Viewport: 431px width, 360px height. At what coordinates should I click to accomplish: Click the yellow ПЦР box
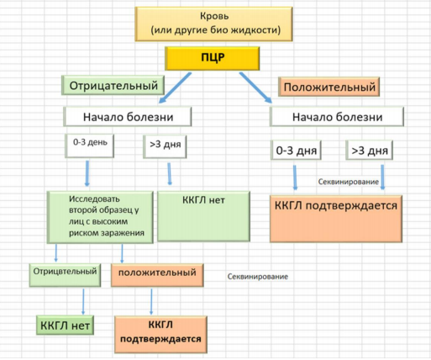[x=213, y=58]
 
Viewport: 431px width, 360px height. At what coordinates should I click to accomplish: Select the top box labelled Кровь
[x=213, y=24]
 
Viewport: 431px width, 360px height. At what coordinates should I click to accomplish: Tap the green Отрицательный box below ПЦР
[x=113, y=85]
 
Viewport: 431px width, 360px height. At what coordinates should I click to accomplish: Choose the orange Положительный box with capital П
[x=329, y=87]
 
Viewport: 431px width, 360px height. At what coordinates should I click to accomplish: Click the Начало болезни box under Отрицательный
[x=128, y=116]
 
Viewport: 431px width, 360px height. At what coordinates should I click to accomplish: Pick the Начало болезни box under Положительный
[x=337, y=116]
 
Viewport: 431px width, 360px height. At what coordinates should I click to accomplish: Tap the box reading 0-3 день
[x=90, y=146]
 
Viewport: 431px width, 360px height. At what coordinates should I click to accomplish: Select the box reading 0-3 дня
[x=296, y=151]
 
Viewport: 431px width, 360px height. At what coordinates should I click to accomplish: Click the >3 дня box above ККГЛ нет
[x=165, y=146]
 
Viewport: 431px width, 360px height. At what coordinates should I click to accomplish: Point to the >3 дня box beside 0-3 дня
[x=370, y=151]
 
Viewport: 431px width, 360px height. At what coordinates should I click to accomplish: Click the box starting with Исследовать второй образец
[x=100, y=217]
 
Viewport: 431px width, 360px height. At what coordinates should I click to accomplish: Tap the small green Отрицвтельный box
[x=65, y=275]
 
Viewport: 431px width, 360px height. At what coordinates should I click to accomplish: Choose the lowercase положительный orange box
[x=157, y=275]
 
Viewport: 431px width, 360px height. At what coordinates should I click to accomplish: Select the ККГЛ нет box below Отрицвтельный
[x=65, y=326]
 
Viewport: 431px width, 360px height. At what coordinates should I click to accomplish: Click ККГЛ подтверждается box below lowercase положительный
[x=160, y=335]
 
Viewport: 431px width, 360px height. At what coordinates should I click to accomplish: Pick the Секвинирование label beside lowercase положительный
[x=258, y=277]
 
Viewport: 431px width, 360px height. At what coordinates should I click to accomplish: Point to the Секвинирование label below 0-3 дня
[x=349, y=182]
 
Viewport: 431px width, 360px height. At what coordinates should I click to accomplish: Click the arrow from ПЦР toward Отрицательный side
[x=175, y=87]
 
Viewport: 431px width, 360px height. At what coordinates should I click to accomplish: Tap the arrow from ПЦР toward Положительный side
[x=255, y=87]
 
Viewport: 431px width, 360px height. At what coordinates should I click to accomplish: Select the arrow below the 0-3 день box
[x=87, y=173]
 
